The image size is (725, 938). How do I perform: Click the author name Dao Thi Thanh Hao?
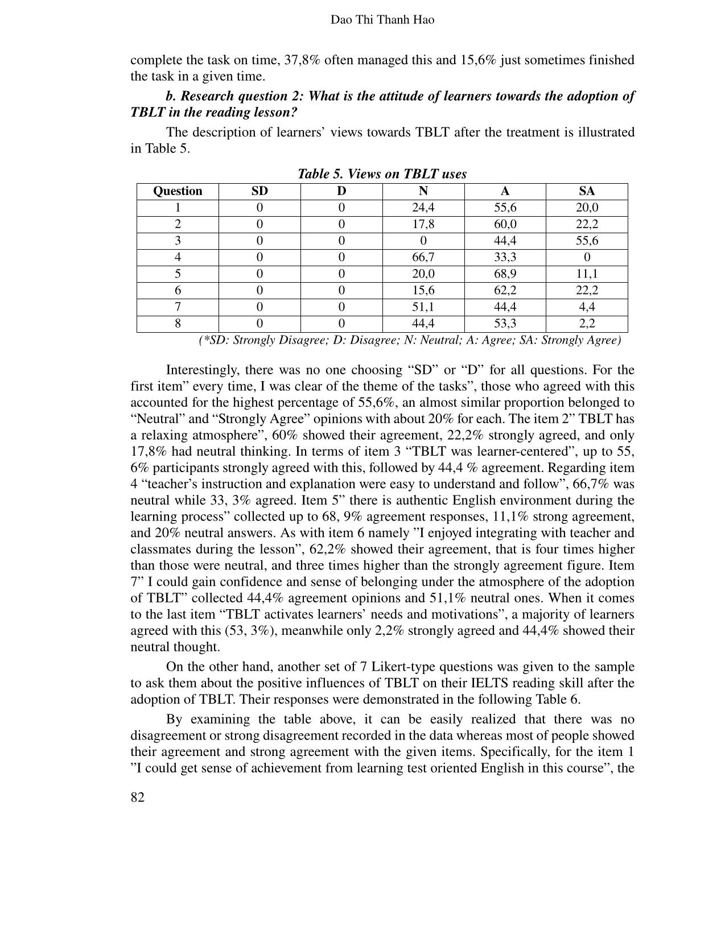pyautogui.click(x=382, y=20)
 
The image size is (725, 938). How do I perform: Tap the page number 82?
pyautogui.click(x=138, y=797)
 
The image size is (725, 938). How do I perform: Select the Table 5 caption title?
pyautogui.click(x=382, y=174)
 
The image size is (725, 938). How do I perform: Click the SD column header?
pyautogui.click(x=259, y=191)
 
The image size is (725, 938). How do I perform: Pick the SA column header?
pyautogui.click(x=587, y=191)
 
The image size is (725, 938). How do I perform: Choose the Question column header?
pyautogui.click(x=178, y=191)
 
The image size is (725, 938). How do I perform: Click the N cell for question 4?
pyautogui.click(x=423, y=257)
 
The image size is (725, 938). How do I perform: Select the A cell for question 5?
pyautogui.click(x=505, y=274)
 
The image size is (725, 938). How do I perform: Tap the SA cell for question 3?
pyautogui.click(x=587, y=241)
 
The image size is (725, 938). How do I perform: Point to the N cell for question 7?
pyautogui.click(x=423, y=307)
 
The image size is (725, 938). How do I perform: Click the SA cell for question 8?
pyautogui.click(x=587, y=324)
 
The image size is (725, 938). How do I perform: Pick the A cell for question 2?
pyautogui.click(x=505, y=224)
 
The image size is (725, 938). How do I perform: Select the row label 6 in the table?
pyautogui.click(x=178, y=290)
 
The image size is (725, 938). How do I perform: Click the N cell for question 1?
pyautogui.click(x=423, y=208)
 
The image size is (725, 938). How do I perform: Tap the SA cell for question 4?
pyautogui.click(x=587, y=257)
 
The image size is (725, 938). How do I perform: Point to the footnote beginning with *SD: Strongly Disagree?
pyautogui.click(x=409, y=340)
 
